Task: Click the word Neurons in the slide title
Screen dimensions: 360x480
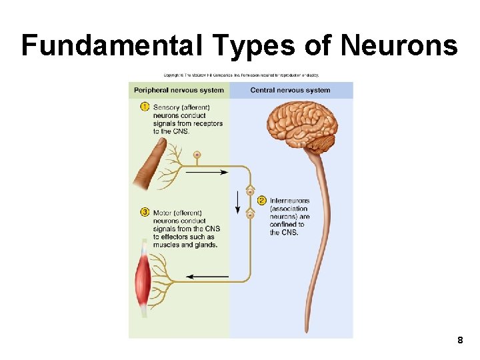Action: pos(399,45)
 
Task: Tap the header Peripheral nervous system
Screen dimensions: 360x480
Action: pos(179,91)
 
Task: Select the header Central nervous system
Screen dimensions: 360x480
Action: pos(290,91)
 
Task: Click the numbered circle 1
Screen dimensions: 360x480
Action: pos(145,107)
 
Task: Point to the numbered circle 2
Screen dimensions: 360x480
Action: pos(261,200)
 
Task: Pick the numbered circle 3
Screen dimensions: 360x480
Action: pos(145,212)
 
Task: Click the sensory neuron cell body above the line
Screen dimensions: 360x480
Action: pos(197,155)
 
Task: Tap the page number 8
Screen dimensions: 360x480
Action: pos(460,341)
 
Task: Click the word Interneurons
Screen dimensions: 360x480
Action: pos(289,201)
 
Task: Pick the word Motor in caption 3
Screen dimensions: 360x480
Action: pos(163,213)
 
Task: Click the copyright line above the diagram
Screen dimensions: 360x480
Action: pos(241,75)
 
